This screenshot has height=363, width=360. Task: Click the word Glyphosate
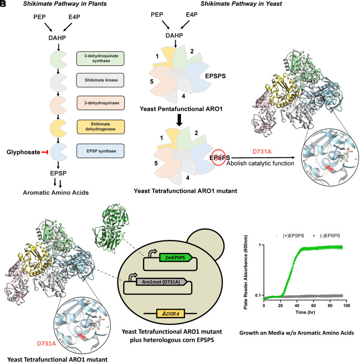[22, 152]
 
